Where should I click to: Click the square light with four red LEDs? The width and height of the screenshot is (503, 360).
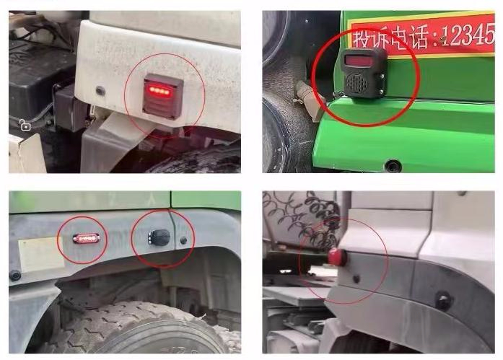(x=163, y=96)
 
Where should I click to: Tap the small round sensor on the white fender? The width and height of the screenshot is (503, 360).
(x=100, y=91)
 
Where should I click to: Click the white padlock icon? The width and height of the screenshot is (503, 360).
(x=25, y=125)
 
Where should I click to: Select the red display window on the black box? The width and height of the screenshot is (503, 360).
(x=359, y=61)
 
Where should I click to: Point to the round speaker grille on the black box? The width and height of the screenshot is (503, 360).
(x=357, y=83)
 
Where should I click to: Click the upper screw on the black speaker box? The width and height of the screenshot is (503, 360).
(x=382, y=76)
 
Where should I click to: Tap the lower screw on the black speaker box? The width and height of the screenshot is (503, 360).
(x=381, y=92)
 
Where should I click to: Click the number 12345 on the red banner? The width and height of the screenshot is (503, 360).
(x=467, y=34)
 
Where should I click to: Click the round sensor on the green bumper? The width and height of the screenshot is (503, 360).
(x=393, y=166)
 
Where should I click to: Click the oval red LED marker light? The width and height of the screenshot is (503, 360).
(x=86, y=239)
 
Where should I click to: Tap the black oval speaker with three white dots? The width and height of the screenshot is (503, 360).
(x=159, y=237)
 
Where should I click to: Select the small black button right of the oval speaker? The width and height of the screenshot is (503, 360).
(x=183, y=240)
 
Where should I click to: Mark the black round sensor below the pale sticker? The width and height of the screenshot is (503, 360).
(x=14, y=276)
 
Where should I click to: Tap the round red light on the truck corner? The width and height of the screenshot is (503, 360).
(x=337, y=257)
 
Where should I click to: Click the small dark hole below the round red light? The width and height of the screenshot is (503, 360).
(x=356, y=279)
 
